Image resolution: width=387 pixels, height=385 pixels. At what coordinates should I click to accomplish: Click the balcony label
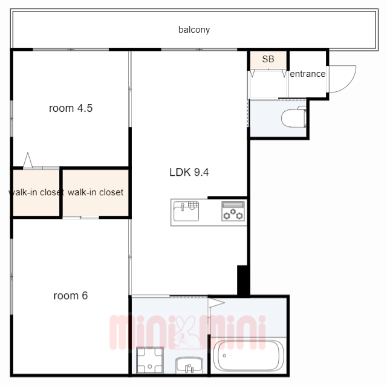coord(194,30)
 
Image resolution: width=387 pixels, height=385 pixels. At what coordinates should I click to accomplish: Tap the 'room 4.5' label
coord(71,108)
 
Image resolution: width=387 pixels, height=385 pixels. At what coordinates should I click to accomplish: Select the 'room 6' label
coord(71,296)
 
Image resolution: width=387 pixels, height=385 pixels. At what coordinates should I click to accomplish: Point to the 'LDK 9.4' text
coord(189,172)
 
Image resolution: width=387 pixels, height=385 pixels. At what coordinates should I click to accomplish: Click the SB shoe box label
coord(268,59)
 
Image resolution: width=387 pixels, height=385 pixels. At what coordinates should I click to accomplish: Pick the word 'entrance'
coord(308,74)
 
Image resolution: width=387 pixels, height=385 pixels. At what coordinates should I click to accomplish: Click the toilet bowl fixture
coord(294,117)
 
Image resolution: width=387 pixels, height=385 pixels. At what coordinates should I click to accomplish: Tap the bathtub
coord(249,355)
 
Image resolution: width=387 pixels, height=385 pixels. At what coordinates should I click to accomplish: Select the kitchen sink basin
coord(186,212)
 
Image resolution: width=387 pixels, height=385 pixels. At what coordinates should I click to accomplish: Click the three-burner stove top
coord(233,211)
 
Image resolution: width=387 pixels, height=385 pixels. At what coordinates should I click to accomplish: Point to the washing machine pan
coord(150,360)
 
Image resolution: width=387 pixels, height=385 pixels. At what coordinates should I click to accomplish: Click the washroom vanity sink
coord(189,365)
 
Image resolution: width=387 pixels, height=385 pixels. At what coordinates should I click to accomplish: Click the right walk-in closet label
coord(96,192)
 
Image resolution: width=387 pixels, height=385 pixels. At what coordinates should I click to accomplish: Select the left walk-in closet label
coord(36,192)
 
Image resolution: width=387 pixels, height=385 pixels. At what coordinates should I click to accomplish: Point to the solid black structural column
coord(243,280)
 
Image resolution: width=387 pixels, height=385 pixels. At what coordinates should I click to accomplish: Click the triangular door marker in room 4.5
coord(28,160)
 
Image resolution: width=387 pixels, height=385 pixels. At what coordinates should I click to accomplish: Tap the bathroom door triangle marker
coord(216,303)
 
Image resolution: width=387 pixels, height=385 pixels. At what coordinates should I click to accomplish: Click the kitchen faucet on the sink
coord(183,207)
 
